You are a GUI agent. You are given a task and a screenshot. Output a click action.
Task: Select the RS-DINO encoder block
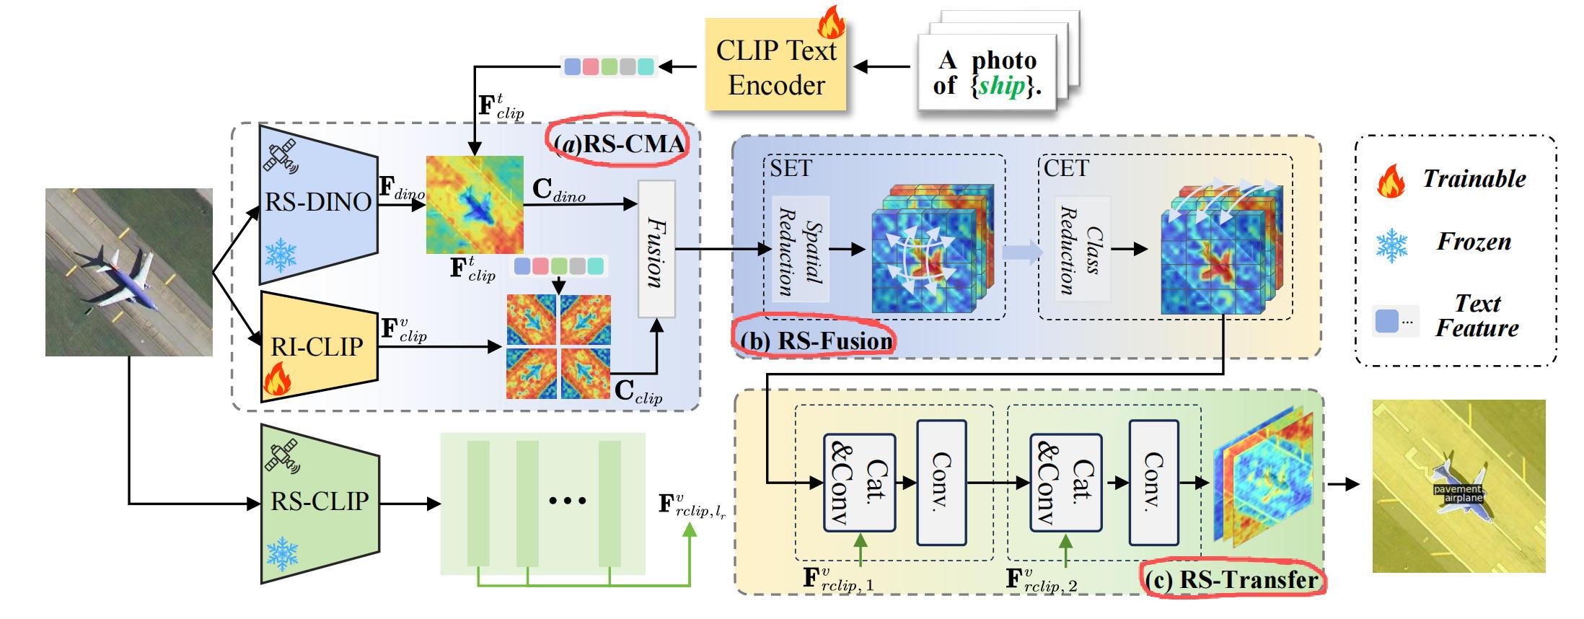318,202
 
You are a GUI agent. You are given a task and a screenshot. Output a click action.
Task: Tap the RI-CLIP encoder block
317,346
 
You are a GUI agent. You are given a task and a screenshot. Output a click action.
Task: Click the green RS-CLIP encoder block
320,501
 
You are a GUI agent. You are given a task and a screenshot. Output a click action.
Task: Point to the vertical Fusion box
656,249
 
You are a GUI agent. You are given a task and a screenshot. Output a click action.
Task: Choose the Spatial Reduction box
800,249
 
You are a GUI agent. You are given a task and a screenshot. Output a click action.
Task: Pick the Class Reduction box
1082,249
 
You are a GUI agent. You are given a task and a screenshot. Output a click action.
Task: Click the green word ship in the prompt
1002,87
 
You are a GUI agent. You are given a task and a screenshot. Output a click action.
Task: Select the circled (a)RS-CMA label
620,144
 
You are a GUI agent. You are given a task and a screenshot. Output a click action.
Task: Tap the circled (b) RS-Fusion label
815,340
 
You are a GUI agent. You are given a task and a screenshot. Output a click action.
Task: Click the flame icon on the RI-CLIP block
276,379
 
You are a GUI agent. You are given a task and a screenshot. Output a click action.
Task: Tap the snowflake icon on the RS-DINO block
281,255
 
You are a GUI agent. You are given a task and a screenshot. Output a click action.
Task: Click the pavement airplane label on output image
1458,493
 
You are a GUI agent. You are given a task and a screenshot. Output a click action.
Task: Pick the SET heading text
791,169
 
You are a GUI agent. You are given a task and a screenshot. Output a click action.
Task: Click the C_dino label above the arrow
558,190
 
